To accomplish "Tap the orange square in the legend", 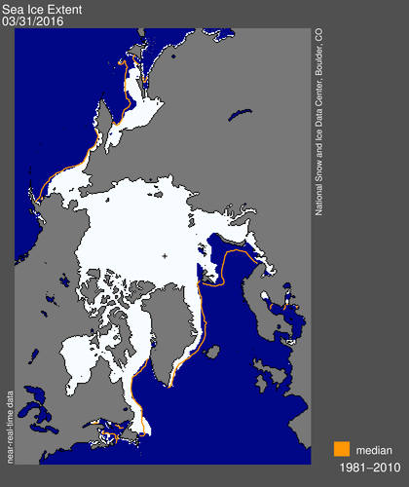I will click(x=341, y=450).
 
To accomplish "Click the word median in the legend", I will click(x=374, y=451).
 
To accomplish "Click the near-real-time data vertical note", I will click(x=11, y=409).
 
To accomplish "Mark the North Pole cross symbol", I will click(x=165, y=256).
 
